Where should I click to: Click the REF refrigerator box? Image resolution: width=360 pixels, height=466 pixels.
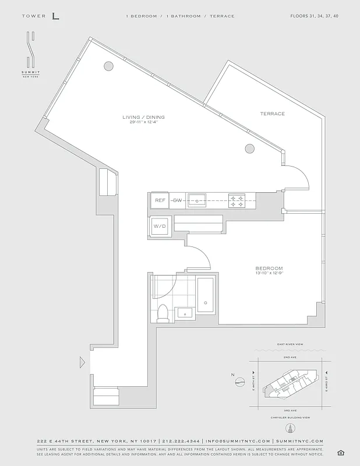click(x=160, y=200)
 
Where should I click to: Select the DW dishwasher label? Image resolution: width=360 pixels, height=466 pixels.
click(x=178, y=200)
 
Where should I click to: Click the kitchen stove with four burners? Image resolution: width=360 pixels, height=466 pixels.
click(x=237, y=200)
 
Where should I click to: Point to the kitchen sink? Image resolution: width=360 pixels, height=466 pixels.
click(x=197, y=200)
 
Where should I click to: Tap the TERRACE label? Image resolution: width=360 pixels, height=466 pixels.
click(x=273, y=114)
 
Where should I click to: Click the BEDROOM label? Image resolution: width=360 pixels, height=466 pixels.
click(x=269, y=267)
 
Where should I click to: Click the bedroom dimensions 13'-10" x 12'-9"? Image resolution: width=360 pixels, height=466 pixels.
click(x=269, y=273)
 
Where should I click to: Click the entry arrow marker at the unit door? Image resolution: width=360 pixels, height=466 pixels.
click(x=82, y=362)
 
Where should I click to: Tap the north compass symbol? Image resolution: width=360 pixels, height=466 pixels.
click(x=239, y=382)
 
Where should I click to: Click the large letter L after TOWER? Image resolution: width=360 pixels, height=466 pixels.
click(x=55, y=16)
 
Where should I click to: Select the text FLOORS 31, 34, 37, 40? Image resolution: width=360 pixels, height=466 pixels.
click(x=314, y=16)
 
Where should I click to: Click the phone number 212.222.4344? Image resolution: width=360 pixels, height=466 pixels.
click(x=180, y=441)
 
